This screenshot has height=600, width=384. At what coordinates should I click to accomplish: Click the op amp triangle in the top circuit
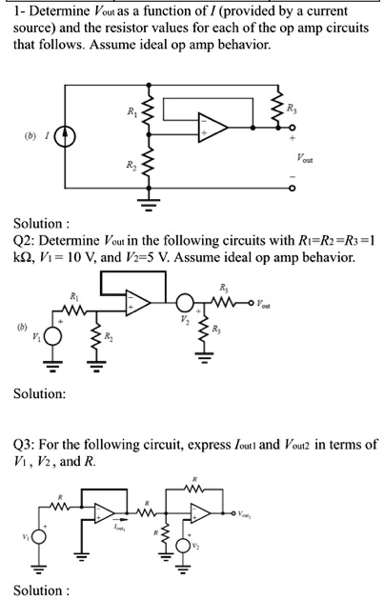[x=212, y=124]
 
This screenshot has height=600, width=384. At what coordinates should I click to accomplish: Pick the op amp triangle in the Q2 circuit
[x=139, y=304]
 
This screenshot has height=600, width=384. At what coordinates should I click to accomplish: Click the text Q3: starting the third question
[x=26, y=445]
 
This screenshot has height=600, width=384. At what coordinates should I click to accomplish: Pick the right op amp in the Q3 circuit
[x=202, y=515]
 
